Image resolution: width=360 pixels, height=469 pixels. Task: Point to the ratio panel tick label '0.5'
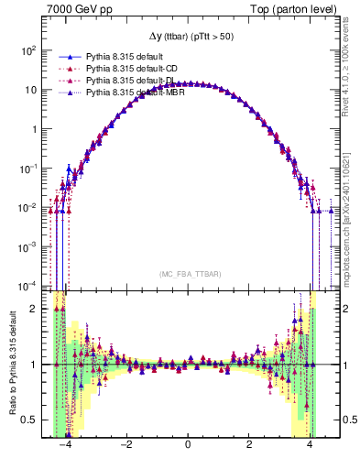click(29, 420)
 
